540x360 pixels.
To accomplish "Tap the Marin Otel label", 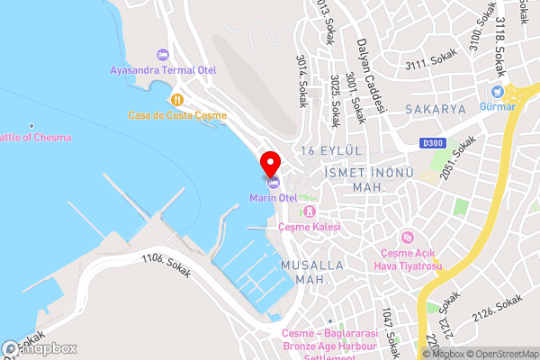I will pos(274,197).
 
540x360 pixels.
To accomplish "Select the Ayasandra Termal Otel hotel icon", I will pos(162,55).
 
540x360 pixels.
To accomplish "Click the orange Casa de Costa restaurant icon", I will pos(178,100).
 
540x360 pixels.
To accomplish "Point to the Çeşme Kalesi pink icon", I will pos(309,212).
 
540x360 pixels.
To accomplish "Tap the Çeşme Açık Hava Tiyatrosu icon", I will pos(409,237).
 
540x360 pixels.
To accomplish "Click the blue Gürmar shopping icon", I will pos(497,92).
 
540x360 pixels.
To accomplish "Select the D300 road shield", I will pos(434,142).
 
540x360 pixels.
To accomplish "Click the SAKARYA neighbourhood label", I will pos(435,109).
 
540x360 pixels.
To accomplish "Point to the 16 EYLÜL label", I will pos(331,149).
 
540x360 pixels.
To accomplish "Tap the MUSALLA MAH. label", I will pos(312,273).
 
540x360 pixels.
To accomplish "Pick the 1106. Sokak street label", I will pos(166,267).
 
